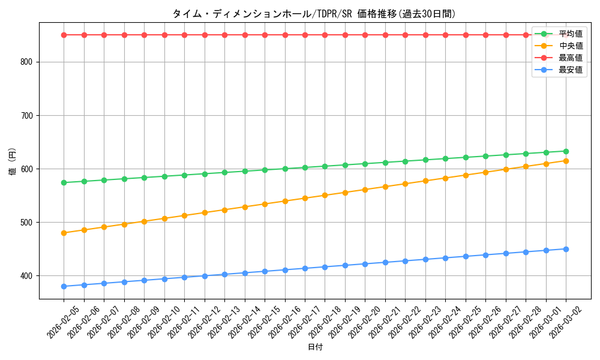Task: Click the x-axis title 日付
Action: tap(315, 347)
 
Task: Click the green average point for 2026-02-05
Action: tap(64, 182)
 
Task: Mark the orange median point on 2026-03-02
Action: tap(566, 160)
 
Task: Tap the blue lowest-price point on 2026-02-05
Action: tap(64, 286)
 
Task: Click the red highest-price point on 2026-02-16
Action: tap(285, 35)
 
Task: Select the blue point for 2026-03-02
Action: tap(566, 249)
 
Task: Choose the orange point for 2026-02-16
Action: tap(285, 201)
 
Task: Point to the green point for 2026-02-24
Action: tap(445, 158)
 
